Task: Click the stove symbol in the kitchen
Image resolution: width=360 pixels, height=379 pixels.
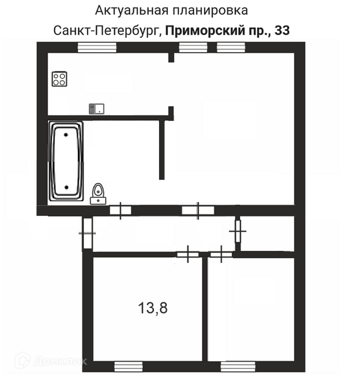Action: (x=59, y=79)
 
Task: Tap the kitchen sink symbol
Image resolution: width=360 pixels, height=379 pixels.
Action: (x=97, y=109)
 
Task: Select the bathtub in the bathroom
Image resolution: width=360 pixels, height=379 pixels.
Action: (x=66, y=161)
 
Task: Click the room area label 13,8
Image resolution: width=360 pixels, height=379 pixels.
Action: (x=153, y=308)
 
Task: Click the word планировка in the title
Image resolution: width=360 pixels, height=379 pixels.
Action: (x=210, y=11)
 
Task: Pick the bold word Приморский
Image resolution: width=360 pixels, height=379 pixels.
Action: (x=205, y=31)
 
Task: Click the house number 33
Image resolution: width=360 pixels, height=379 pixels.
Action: (x=282, y=31)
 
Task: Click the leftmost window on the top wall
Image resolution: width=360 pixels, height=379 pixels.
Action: (x=97, y=47)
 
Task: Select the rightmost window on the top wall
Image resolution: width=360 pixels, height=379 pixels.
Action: (x=231, y=47)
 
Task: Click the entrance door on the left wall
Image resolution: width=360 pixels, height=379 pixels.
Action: (x=87, y=233)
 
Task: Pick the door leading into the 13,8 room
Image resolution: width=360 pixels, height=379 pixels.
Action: (x=188, y=254)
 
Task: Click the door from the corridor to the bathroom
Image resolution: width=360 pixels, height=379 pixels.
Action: (x=120, y=210)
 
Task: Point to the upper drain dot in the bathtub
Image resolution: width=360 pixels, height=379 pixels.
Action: (x=66, y=135)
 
